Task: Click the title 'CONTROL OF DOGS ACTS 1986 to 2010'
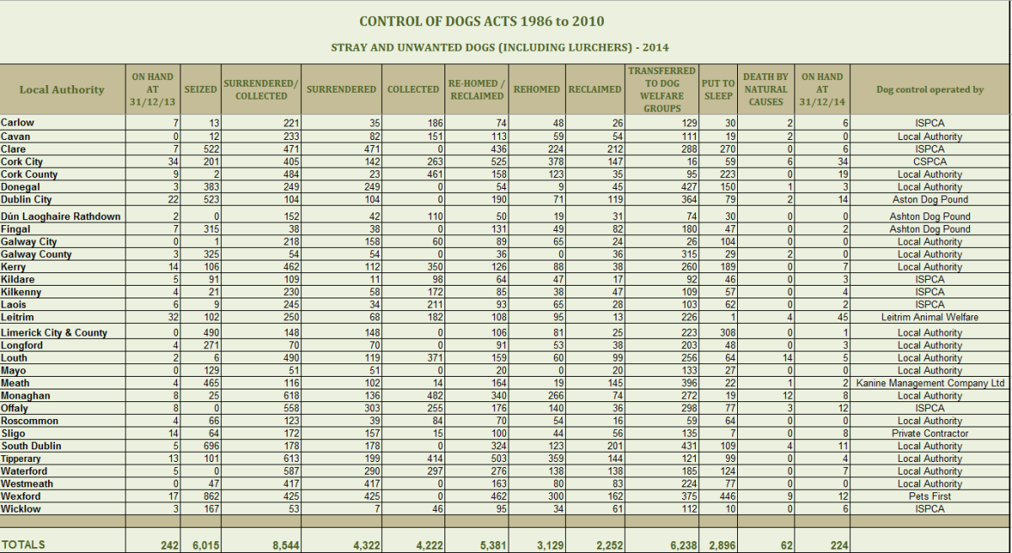(482, 21)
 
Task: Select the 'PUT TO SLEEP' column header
(718, 89)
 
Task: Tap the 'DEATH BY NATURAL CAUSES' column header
(766, 89)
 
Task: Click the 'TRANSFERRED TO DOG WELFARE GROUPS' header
(662, 89)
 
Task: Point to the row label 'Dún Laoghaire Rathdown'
(61, 217)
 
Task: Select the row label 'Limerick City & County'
(54, 333)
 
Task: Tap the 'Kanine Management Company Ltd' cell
(929, 383)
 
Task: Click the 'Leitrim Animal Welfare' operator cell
(929, 317)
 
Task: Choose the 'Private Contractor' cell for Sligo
(929, 433)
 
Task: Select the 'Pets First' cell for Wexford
(929, 497)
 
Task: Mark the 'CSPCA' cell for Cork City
(929, 162)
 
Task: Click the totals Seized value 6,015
(206, 545)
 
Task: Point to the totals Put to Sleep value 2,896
(723, 545)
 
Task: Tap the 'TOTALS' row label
(23, 545)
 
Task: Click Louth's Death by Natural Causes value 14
(788, 358)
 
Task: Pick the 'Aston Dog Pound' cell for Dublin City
(929, 200)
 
